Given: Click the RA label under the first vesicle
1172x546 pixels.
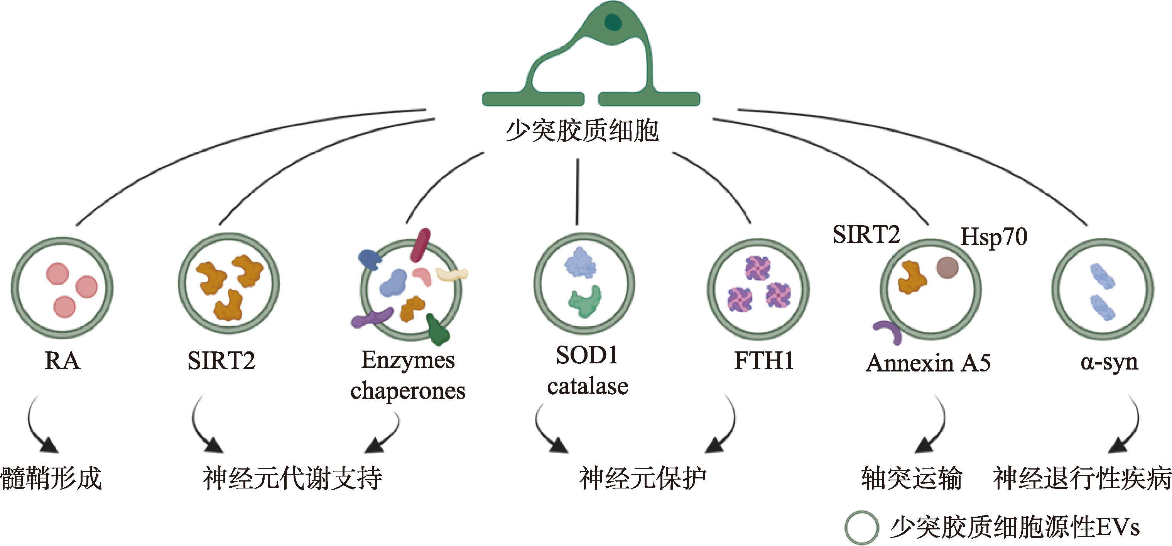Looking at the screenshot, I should pos(62,361).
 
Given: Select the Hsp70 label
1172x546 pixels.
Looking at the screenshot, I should pos(994,237).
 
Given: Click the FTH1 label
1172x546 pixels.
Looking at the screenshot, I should pos(764,361).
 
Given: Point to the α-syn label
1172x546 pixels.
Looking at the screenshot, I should pos(1109,363).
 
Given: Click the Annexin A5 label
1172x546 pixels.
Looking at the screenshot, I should pos(928,363).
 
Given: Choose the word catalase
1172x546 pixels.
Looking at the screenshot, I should pos(588,386).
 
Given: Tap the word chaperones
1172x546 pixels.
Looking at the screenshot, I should pos(408,391).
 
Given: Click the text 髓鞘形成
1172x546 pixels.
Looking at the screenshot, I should pos(51,478).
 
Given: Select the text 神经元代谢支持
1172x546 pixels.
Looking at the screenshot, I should pos(292,478).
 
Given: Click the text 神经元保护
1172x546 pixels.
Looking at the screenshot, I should pos(642,478).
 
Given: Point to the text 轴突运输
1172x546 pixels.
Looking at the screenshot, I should pos(911,478).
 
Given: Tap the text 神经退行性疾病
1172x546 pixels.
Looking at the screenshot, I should pos(1082,478).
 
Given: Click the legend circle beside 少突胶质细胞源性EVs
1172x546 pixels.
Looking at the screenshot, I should pos(861,527).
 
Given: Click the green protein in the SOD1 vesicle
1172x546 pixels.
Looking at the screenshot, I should pos(585,300).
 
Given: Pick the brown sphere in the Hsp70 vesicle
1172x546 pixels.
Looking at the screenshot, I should pos(947,268).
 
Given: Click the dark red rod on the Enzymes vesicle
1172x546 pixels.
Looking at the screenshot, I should pos(421,245).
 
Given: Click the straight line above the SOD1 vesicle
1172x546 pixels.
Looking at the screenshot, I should pos(578,191).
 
